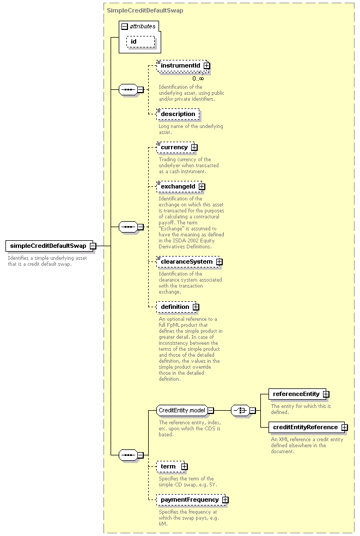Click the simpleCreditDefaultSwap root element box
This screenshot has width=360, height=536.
pos(49,246)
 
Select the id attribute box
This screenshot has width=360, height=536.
pos(141,42)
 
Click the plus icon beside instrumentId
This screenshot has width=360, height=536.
pos(206,65)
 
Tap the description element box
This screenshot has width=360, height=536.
pos(178,114)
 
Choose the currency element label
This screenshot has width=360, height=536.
pos(174,147)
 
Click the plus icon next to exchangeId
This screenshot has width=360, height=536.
pos(202,187)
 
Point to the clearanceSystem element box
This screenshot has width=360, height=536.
pos(190,262)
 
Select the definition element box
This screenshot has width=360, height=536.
pos(178,307)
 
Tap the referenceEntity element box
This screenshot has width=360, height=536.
pos(299,394)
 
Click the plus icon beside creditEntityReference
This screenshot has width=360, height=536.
pos(345,427)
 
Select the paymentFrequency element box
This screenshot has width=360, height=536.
pos(192,500)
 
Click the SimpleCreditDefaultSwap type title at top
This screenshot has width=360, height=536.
pos(145,10)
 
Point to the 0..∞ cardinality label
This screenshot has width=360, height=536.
pos(198,78)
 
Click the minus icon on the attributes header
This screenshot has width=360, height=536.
pos(125,26)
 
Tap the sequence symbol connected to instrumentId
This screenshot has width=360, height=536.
pos(128,89)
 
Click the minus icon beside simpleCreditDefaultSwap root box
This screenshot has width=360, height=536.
pos(93,246)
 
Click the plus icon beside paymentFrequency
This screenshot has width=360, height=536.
pos(225,500)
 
